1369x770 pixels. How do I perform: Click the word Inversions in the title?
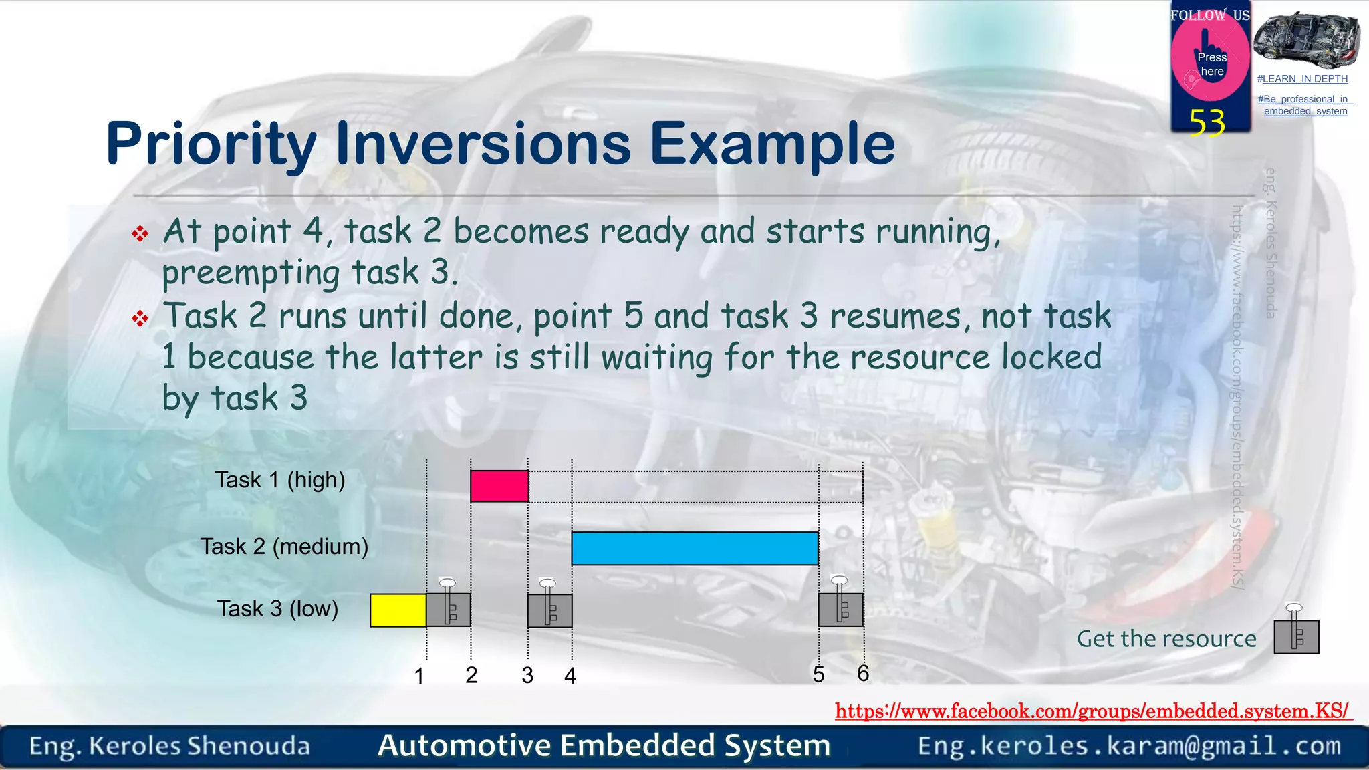pyautogui.click(x=483, y=144)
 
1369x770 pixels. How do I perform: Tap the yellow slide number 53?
pyautogui.click(x=1207, y=123)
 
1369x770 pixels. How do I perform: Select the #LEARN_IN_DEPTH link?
pyautogui.click(x=1302, y=79)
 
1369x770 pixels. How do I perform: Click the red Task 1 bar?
pyautogui.click(x=499, y=486)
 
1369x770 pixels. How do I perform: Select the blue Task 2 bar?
pyautogui.click(x=695, y=548)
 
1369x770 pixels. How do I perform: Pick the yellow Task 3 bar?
pyautogui.click(x=398, y=610)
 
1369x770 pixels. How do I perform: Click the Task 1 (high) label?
pyautogui.click(x=279, y=480)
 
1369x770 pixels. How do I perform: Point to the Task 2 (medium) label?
pyautogui.click(x=284, y=547)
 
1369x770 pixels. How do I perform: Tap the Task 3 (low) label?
pyautogui.click(x=277, y=609)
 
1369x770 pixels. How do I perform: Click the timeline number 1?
pyautogui.click(x=419, y=676)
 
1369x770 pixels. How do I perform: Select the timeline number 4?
pyautogui.click(x=570, y=676)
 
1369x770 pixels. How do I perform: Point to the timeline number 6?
pyautogui.click(x=863, y=674)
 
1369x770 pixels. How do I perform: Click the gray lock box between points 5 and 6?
pyautogui.click(x=841, y=610)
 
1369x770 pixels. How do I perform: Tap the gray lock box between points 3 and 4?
pyautogui.click(x=549, y=610)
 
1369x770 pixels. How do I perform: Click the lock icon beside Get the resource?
pyautogui.click(x=1296, y=636)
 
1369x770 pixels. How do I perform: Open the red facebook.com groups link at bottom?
pyautogui.click(x=1092, y=711)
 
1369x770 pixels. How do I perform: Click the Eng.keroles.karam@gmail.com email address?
pyautogui.click(x=1129, y=746)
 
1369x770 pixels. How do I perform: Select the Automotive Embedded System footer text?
pyautogui.click(x=604, y=746)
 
